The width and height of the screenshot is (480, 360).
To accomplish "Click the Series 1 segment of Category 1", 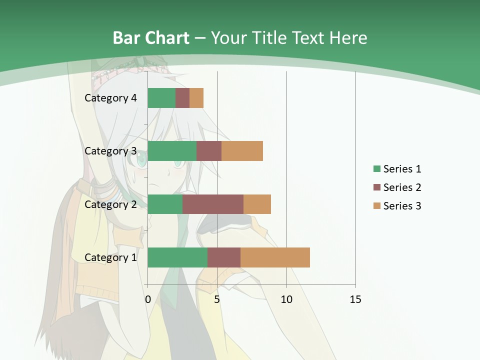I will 177,257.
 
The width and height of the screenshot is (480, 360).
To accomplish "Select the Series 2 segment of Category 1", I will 224,257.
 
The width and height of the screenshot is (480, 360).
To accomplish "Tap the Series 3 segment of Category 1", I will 275,257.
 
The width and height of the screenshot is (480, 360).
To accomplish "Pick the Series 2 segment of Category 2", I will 213,204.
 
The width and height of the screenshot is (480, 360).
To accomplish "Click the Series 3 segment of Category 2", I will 257,204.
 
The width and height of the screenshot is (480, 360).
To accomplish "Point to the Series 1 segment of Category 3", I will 172,151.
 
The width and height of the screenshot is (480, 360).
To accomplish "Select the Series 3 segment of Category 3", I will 242,151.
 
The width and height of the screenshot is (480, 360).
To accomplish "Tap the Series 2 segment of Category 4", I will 182,98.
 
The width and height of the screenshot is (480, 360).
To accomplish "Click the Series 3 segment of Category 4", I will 196,98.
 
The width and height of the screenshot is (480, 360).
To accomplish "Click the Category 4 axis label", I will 110,98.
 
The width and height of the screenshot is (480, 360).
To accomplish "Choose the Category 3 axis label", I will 110,151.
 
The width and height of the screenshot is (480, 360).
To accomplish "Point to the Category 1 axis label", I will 110,257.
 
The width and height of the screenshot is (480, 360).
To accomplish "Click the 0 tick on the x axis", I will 147,299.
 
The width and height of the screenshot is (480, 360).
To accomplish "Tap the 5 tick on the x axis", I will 217,299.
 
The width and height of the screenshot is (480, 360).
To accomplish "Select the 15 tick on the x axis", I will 355,299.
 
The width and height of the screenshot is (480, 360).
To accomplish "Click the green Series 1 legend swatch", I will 376,169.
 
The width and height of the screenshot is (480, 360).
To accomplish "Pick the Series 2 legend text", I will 402,187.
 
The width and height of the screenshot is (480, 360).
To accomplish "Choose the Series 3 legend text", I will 402,206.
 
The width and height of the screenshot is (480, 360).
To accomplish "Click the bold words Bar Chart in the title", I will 151,38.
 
